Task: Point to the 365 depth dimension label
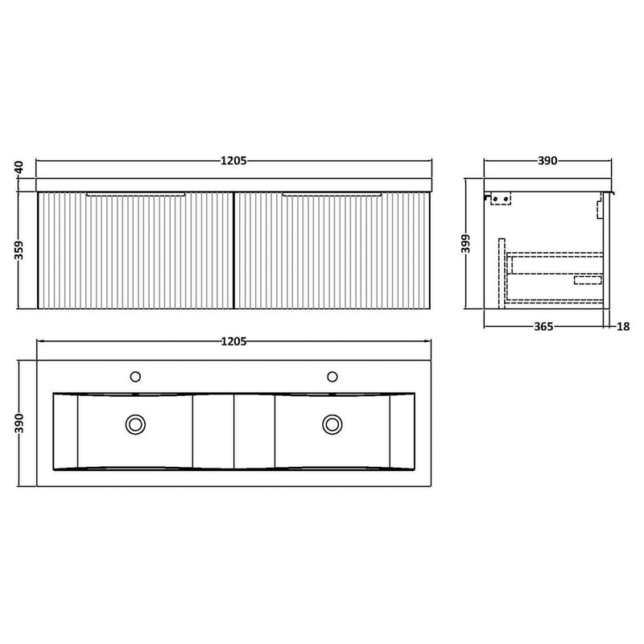[546, 328]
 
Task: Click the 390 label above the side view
[547, 161]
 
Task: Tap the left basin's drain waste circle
[134, 423]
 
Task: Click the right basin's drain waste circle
[331, 423]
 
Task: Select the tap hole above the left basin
[134, 376]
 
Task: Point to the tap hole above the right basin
[331, 376]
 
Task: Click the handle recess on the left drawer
[136, 194]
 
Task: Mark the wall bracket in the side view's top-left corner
[498, 198]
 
